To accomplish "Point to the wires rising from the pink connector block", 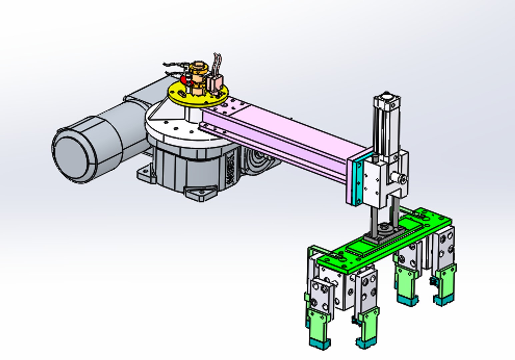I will click(217, 63).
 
